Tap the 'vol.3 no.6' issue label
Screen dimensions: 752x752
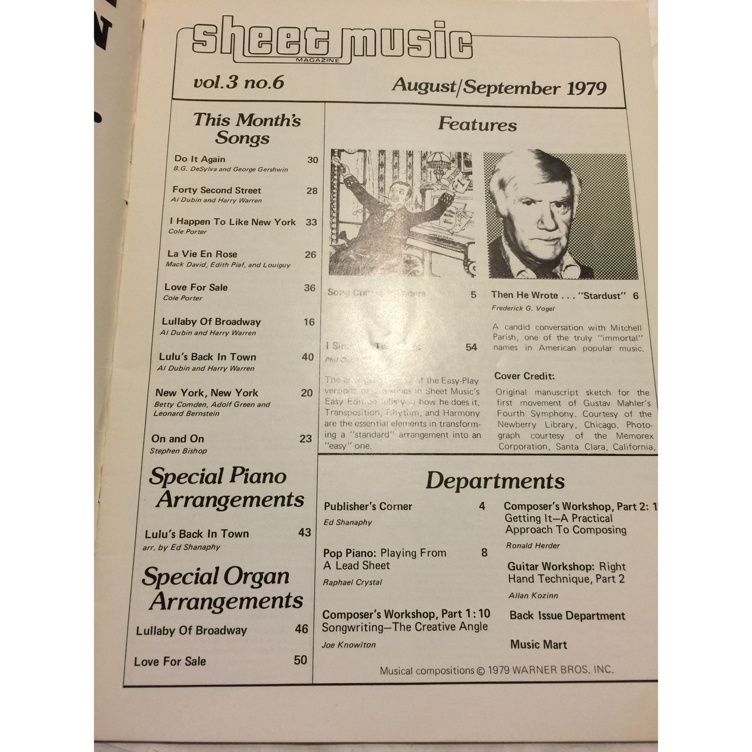point(238,83)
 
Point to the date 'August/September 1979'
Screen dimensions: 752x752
point(499,87)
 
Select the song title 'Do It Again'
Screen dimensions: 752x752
point(200,159)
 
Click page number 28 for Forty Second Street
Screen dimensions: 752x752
point(312,191)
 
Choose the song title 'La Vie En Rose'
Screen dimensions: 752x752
point(202,254)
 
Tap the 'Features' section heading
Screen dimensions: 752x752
point(477,124)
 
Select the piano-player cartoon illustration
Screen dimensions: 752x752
point(402,213)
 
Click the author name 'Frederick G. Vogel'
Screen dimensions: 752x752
point(522,309)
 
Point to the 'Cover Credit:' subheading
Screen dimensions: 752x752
point(525,376)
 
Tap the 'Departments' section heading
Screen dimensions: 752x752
point(495,481)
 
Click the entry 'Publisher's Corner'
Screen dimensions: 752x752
point(367,506)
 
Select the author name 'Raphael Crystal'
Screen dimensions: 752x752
point(352,582)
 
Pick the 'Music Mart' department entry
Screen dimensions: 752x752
point(538,645)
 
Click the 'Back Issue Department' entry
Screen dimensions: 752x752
point(567,616)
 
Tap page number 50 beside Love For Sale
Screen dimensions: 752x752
point(300,660)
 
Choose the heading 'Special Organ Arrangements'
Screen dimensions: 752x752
point(223,589)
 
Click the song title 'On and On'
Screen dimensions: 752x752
point(177,439)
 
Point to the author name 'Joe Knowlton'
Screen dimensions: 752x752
point(348,645)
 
